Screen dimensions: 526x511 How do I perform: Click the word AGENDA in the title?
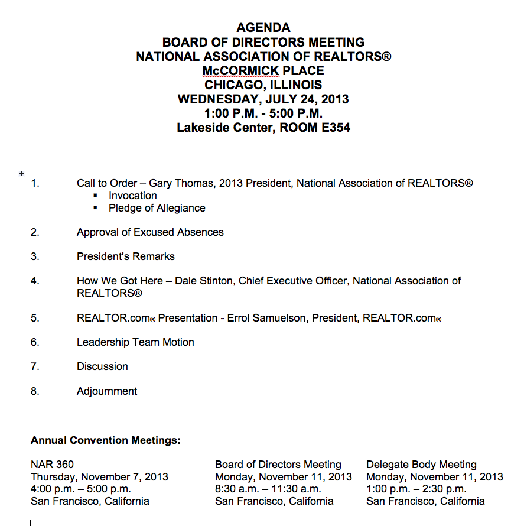(x=263, y=28)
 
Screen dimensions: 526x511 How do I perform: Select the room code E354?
(x=332, y=127)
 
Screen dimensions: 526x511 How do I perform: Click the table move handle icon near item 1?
(x=21, y=173)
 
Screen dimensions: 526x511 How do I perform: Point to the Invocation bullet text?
(x=133, y=196)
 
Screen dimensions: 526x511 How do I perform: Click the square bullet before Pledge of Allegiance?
(x=96, y=209)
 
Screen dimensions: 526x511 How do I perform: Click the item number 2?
(x=35, y=232)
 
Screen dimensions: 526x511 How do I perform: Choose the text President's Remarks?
(x=126, y=256)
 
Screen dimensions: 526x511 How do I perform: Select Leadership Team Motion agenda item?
(x=135, y=342)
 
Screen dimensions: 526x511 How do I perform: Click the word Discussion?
(x=102, y=366)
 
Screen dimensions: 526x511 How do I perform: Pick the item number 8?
(x=35, y=391)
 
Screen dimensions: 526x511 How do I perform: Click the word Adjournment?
(x=107, y=391)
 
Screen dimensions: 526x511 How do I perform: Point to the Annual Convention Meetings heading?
(x=106, y=440)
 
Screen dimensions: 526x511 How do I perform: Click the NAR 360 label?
(x=53, y=465)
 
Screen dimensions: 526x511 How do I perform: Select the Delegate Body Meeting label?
(x=421, y=465)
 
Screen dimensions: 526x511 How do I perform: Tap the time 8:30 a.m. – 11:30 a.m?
(x=268, y=489)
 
